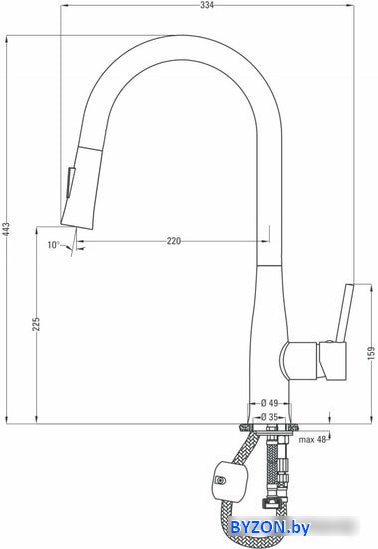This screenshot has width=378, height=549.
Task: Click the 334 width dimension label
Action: pyautogui.click(x=207, y=5)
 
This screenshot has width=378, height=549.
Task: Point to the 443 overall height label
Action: pyautogui.click(x=11, y=230)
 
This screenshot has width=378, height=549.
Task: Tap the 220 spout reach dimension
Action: pyautogui.click(x=174, y=241)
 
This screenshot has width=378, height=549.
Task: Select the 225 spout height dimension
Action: pyautogui.click(x=36, y=324)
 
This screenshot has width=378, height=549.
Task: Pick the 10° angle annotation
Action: pyautogui.click(x=54, y=244)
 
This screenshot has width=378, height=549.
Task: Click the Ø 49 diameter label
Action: pyautogui.click(x=270, y=403)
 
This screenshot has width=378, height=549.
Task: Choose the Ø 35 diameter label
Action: pyautogui.click(x=270, y=417)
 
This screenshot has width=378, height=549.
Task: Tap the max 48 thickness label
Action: pyautogui.click(x=312, y=440)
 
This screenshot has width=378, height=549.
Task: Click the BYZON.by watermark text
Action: pyautogui.click(x=270, y=527)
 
